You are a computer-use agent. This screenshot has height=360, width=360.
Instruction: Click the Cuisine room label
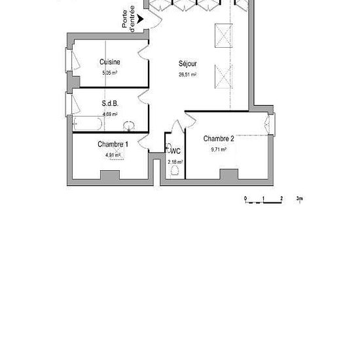[x=109, y=62]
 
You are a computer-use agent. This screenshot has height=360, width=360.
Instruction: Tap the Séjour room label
[x=188, y=64]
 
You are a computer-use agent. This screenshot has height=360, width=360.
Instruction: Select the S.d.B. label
[x=109, y=103]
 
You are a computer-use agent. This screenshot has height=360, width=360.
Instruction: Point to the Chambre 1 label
[x=113, y=144]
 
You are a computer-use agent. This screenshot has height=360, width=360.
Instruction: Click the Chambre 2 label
[x=219, y=139]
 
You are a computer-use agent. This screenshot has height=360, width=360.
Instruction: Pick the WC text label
[x=175, y=151]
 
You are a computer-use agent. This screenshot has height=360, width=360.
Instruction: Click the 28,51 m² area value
[x=188, y=75]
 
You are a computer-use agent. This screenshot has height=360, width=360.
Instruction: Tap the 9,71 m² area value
[x=219, y=149]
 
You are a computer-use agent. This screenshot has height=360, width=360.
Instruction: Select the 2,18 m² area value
[x=175, y=162]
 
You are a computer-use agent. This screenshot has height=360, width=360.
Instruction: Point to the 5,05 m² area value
[x=109, y=73]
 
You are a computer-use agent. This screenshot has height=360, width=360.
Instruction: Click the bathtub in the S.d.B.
[x=88, y=124]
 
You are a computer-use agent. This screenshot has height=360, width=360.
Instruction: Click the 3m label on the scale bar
[x=299, y=198]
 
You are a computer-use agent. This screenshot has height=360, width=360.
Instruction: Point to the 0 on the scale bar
[x=245, y=198]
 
